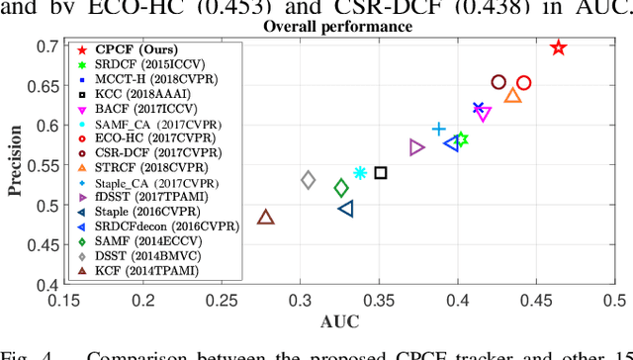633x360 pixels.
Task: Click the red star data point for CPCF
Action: [x=558, y=47]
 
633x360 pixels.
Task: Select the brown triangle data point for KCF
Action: [x=265, y=218]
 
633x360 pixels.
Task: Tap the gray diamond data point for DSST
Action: [x=309, y=180]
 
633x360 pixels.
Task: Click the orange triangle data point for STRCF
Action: [x=512, y=95]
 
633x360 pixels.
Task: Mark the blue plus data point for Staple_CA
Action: [x=439, y=129]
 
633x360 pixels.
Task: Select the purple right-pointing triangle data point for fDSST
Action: [x=416, y=147]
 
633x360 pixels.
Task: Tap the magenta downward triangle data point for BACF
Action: [x=484, y=115]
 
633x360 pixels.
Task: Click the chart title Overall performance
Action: [x=332, y=27]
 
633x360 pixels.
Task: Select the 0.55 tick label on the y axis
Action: [x=45, y=165]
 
